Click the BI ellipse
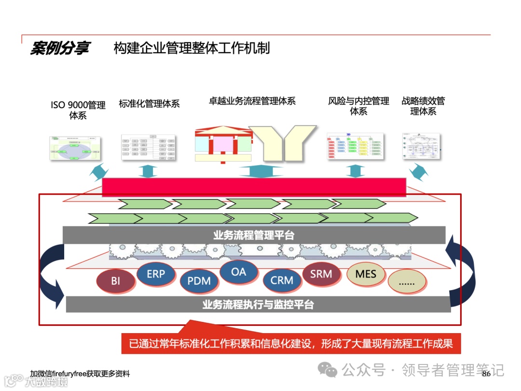(115, 280)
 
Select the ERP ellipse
(156, 274)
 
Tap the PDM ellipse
(199, 280)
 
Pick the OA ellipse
(238, 272)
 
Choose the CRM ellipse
(282, 280)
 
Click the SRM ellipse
(321, 274)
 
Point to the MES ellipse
(366, 274)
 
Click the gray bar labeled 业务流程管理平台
(254, 235)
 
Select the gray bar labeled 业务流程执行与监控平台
(258, 305)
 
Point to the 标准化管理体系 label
(149, 104)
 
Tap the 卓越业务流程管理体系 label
(252, 101)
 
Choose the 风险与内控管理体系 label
(358, 106)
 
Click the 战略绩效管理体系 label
(423, 106)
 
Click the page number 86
(486, 374)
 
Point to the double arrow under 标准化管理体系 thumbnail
(148, 171)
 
